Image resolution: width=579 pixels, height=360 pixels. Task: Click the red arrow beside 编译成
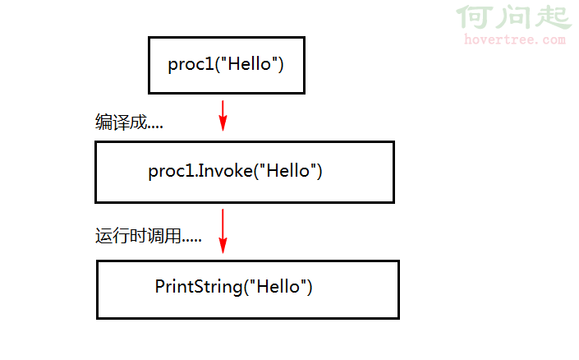(x=223, y=116)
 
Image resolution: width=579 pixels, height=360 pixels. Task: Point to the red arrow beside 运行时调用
(x=223, y=231)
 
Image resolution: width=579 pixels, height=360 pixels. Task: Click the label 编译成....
(x=121, y=122)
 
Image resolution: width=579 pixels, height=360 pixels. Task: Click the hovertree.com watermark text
(x=515, y=39)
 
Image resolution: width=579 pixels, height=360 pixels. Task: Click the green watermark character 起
(x=554, y=16)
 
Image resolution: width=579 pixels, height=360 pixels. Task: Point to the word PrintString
(x=199, y=287)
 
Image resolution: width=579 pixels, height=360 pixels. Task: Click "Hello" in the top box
(x=249, y=63)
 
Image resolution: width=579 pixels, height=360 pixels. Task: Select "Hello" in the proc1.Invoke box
(x=288, y=170)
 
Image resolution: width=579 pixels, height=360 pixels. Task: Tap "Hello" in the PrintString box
(x=278, y=287)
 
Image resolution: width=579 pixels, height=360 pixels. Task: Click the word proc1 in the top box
(x=191, y=65)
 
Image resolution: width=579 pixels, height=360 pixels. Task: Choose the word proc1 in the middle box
(x=172, y=172)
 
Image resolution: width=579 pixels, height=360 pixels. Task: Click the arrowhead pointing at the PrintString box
(x=223, y=246)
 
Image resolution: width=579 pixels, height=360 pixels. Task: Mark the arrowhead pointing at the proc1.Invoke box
(x=223, y=123)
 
